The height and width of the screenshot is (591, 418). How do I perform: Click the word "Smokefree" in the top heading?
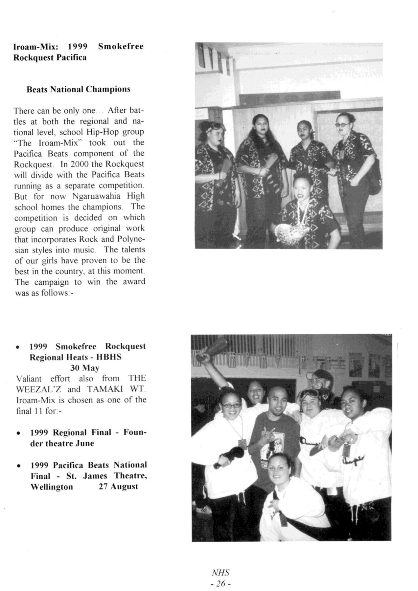(121, 46)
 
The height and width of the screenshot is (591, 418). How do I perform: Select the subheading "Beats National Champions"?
(78, 89)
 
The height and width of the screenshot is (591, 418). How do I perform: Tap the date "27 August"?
(118, 487)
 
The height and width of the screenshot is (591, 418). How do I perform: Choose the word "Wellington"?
(52, 487)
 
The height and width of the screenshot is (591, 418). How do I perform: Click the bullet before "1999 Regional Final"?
(19, 433)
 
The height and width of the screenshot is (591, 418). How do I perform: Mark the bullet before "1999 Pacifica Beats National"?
(19, 466)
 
